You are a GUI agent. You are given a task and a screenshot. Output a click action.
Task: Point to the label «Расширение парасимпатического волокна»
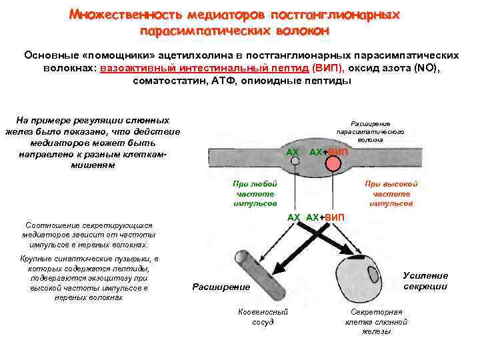point(369,131)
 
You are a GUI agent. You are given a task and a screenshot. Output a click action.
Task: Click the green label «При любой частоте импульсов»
point(255,193)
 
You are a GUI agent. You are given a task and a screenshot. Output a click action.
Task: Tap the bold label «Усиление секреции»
point(425,281)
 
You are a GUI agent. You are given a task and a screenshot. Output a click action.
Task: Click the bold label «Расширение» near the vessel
point(221,287)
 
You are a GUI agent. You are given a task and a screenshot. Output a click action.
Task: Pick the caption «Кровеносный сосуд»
point(263,317)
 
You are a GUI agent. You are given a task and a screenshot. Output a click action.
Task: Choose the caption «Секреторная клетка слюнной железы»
point(377,321)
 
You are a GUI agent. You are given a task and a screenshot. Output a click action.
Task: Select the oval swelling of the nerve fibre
point(314,155)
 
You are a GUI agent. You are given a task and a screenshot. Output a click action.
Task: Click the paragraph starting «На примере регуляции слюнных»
point(91,142)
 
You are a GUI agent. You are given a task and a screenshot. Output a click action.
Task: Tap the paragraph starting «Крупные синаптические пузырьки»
point(89,278)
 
